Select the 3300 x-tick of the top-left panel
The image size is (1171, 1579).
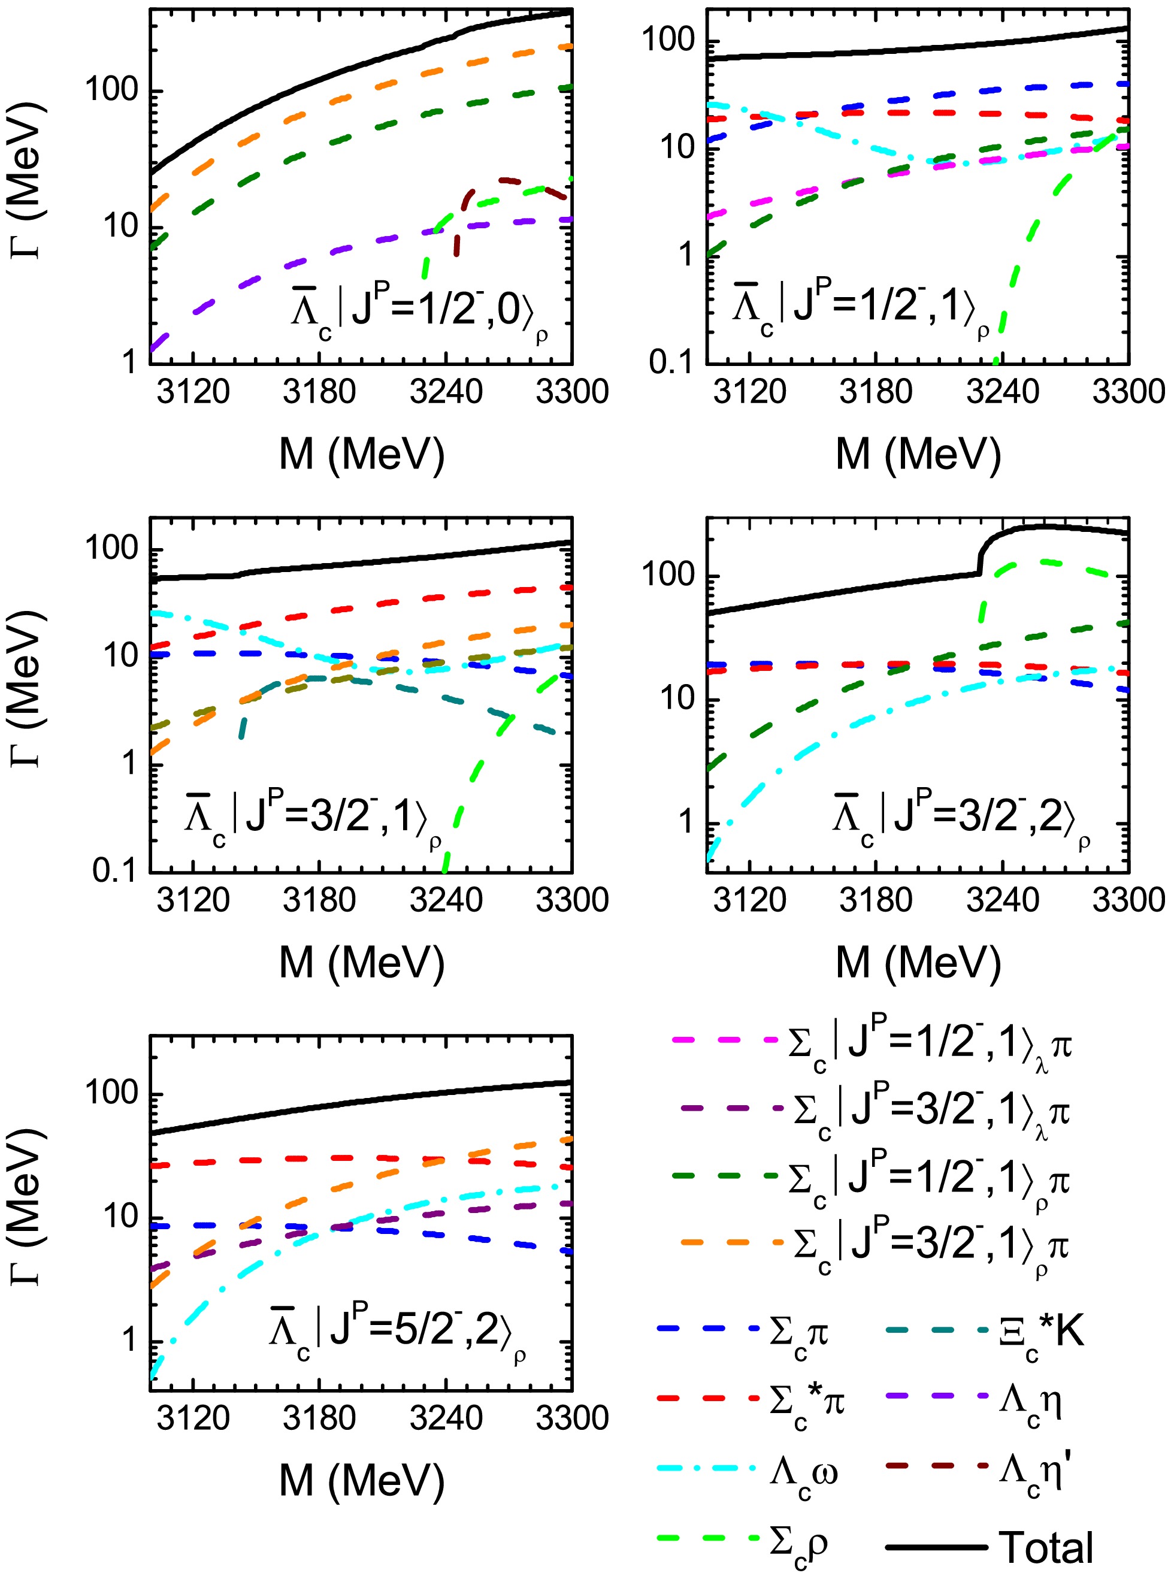pos(571,391)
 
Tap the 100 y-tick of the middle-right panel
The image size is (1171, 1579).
pos(668,574)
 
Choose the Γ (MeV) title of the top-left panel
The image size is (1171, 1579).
pos(28,181)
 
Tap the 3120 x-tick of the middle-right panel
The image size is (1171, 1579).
pos(749,900)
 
